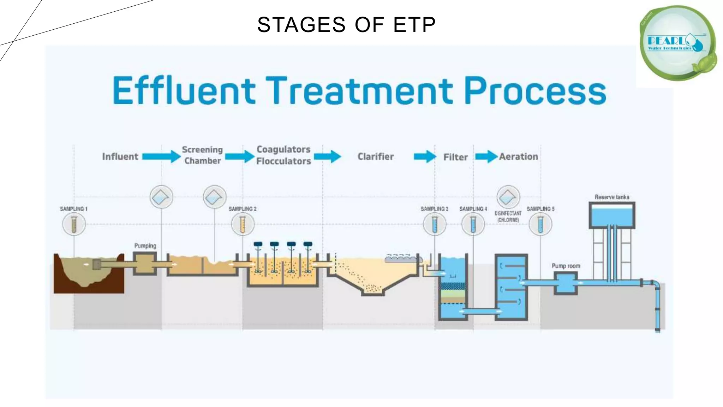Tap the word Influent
coord(120,157)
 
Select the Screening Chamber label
coord(202,155)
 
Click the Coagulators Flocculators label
coord(283,155)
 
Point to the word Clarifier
coord(375,157)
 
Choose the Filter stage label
coord(455,157)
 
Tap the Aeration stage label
coord(518,157)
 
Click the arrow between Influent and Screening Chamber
coord(161,156)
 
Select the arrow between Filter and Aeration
coord(486,157)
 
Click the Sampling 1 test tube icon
coord(74,224)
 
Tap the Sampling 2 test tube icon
coord(243,224)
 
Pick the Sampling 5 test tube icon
coord(540,224)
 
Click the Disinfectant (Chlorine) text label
coord(508,217)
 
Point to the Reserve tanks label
coord(612,197)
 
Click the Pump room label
coord(566,266)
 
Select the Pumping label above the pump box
coord(145,246)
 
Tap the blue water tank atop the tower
coord(612,216)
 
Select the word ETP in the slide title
coord(414,25)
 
